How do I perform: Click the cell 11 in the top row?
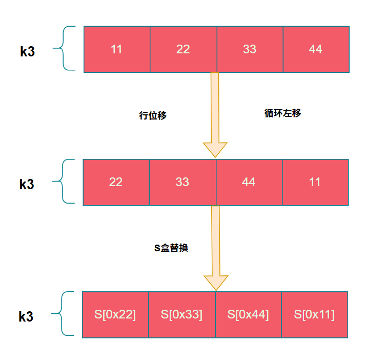(117, 49)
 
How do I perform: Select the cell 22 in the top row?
(183, 49)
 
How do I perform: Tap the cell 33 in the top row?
(250, 49)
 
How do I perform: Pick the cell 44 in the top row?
(316, 49)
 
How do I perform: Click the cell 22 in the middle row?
(116, 182)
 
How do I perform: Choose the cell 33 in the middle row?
(182, 182)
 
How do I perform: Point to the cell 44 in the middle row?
(249, 182)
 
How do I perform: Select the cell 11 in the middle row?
(315, 182)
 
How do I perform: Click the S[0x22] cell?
(115, 315)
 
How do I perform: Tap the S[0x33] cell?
(182, 315)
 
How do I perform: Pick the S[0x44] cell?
(248, 315)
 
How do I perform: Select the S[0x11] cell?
(314, 315)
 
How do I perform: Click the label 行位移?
(153, 115)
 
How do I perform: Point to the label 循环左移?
(282, 113)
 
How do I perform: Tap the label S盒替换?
(171, 248)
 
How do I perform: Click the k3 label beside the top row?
(28, 51)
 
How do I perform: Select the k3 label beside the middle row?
(27, 185)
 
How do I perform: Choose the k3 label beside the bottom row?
(26, 317)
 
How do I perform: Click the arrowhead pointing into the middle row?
(215, 149)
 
